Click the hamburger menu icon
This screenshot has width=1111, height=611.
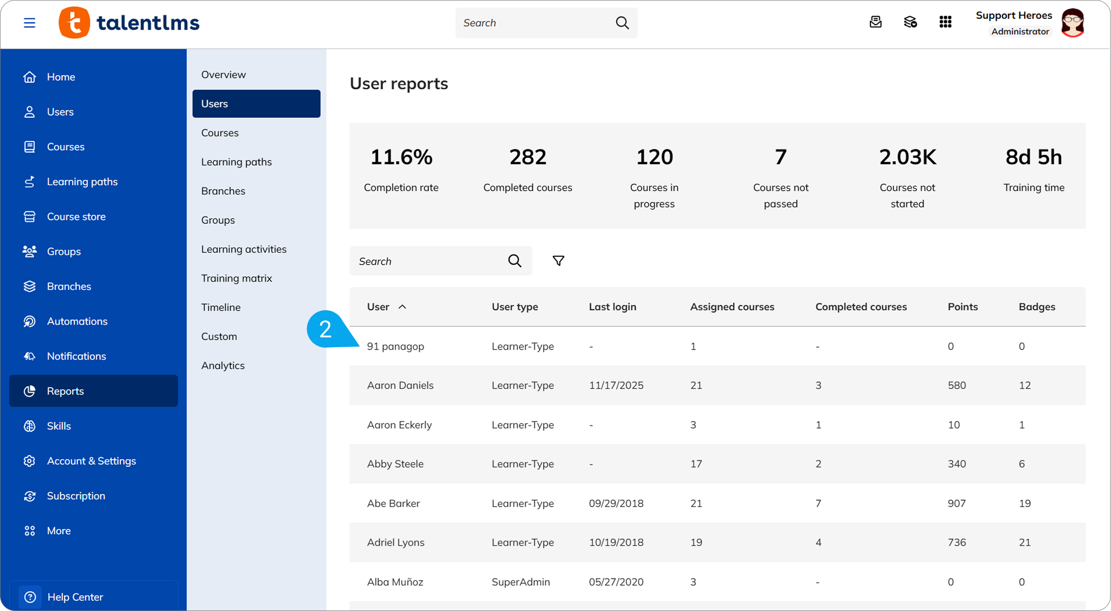tap(30, 23)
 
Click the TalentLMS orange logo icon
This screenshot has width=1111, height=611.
tap(74, 22)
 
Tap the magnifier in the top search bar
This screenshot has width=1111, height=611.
tap(622, 23)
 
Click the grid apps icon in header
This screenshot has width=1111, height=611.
tap(945, 22)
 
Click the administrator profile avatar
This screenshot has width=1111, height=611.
tap(1073, 23)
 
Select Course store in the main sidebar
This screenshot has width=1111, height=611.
tap(76, 217)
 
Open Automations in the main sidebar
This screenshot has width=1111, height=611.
tap(77, 322)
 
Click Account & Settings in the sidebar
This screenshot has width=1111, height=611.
tap(91, 461)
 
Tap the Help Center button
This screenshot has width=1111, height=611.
tap(75, 597)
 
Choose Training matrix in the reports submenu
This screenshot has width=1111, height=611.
tap(237, 278)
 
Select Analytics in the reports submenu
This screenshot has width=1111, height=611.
tap(223, 366)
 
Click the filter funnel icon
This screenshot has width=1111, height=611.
tap(558, 261)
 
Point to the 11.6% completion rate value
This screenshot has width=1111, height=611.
tap(401, 157)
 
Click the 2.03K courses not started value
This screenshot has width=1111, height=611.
tap(907, 157)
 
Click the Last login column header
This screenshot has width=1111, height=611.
tap(613, 307)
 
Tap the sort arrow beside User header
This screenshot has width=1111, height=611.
tap(402, 307)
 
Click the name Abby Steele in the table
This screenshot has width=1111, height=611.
tap(395, 464)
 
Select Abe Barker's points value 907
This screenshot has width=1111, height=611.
tap(957, 504)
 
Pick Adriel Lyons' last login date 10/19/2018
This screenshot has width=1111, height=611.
tap(616, 543)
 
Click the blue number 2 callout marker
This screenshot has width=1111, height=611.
tap(325, 330)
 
